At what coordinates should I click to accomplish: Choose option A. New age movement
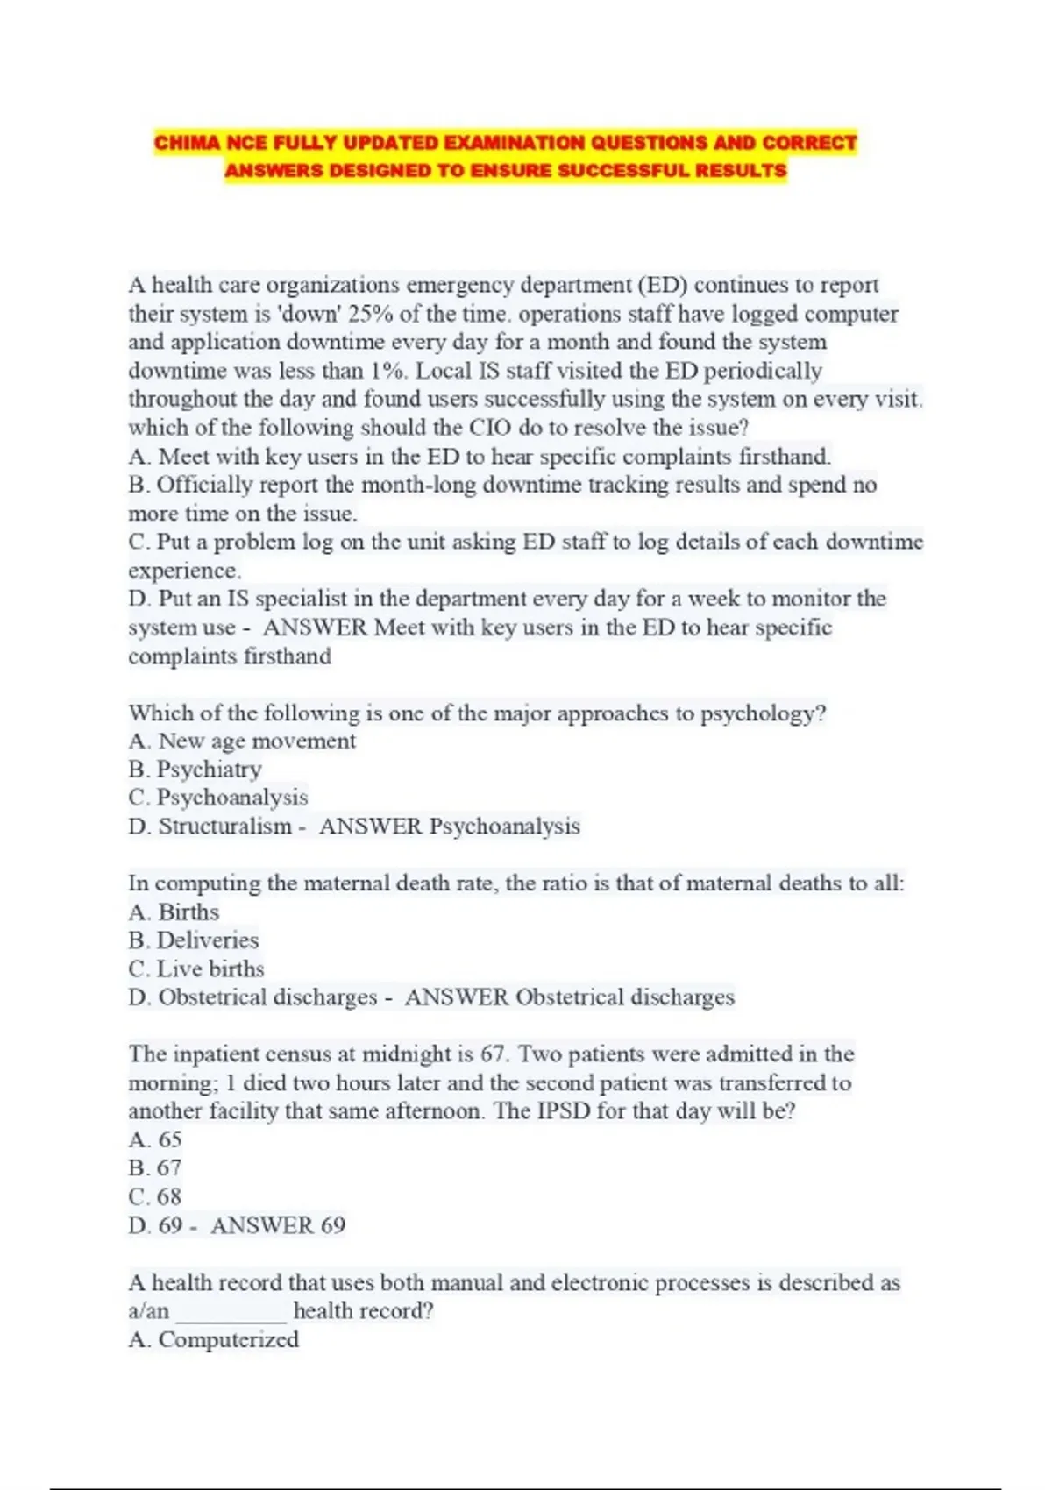pos(242,741)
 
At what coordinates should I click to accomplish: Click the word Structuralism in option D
pos(224,827)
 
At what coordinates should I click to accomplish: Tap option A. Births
pos(174,912)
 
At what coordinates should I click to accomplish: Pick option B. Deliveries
pos(194,940)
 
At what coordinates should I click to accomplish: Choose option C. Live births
pos(196,969)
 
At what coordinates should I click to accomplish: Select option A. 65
pos(155,1140)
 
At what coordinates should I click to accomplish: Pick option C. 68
pos(155,1197)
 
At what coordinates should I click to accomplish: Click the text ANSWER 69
pos(278,1225)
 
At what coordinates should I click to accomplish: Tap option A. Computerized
pos(214,1340)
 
